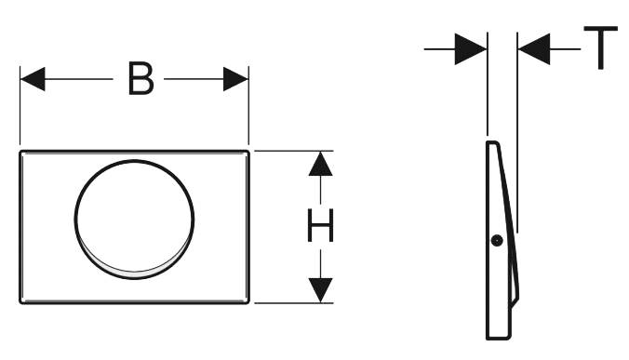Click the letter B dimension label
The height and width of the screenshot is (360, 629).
tap(141, 79)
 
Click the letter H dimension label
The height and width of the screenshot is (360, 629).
tap(320, 225)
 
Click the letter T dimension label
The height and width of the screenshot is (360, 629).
tap(600, 47)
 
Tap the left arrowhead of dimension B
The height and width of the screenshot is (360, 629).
tap(33, 79)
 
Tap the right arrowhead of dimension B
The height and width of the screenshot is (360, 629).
tap(236, 79)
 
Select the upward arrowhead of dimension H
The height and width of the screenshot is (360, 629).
tap(320, 164)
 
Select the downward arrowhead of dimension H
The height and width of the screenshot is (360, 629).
tap(320, 290)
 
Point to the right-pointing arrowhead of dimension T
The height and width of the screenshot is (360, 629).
tap(471, 49)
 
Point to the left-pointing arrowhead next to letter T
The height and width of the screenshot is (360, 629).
tap(534, 49)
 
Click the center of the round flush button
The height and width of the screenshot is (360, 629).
tap(134, 220)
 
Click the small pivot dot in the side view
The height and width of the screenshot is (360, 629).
tap(497, 241)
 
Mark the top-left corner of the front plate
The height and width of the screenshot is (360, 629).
tap(20, 152)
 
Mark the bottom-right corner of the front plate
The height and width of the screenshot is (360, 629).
tap(248, 302)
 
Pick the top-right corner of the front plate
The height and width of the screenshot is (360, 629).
tap(248, 152)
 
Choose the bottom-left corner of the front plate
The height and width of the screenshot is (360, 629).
tap(20, 302)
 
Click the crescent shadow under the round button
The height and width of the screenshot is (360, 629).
tap(134, 274)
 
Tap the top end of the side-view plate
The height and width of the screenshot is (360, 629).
tap(492, 142)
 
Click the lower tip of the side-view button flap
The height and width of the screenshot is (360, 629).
tap(510, 307)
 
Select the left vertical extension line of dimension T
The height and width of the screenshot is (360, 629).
tap(488, 84)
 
